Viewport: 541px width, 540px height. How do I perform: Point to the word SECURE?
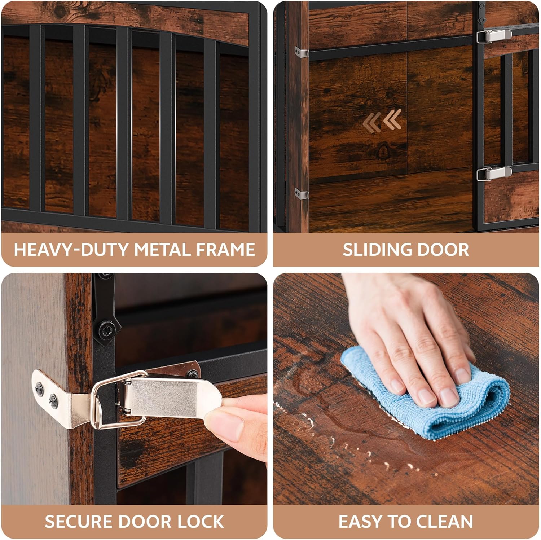coord(79,522)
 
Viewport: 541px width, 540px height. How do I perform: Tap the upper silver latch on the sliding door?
coord(494,36)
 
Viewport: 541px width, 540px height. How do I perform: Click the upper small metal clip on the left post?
coord(302,52)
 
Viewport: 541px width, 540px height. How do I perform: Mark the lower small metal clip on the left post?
coord(302,194)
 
